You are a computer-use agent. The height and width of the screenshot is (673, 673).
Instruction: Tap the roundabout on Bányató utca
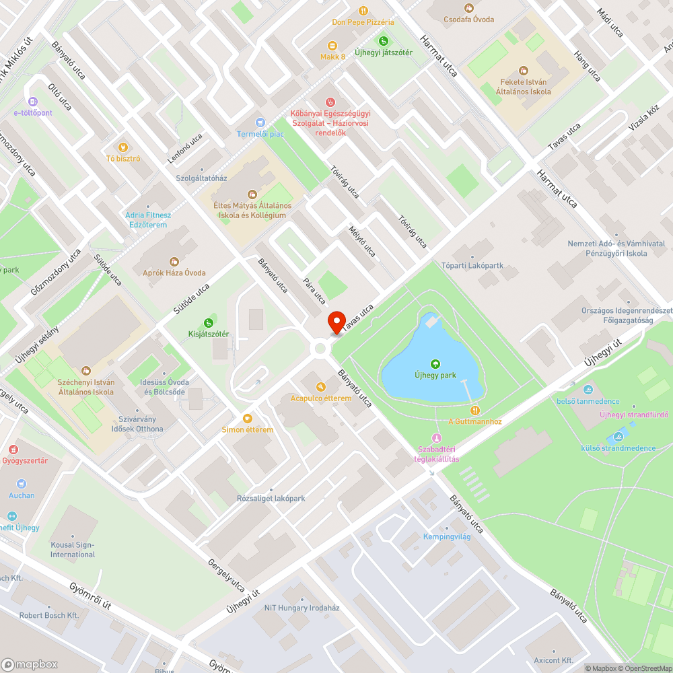(320, 348)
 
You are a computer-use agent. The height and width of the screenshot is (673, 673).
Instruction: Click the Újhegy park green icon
(435, 364)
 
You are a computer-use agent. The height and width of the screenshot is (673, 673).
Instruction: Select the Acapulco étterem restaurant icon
(321, 387)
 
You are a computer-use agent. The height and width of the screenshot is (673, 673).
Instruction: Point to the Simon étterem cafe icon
(248, 418)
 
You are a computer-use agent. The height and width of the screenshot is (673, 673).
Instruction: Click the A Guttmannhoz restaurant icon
(475, 410)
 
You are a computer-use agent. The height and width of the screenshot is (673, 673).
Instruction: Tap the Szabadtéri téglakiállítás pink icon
(436, 437)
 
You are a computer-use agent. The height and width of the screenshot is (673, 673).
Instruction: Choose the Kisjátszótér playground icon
(209, 323)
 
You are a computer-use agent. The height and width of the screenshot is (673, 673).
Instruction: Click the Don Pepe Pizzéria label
(363, 22)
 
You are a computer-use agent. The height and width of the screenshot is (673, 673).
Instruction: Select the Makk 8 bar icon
(332, 46)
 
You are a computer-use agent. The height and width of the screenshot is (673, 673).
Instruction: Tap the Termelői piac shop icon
(260, 122)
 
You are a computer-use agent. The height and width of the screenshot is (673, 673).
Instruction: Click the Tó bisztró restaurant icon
(122, 147)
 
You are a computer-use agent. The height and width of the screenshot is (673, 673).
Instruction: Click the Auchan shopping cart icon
(22, 484)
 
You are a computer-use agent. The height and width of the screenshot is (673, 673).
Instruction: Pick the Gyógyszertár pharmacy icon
(12, 449)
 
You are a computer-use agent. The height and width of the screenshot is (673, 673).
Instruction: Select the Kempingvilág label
(446, 536)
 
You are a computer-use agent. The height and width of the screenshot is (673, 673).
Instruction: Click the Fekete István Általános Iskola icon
(524, 71)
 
